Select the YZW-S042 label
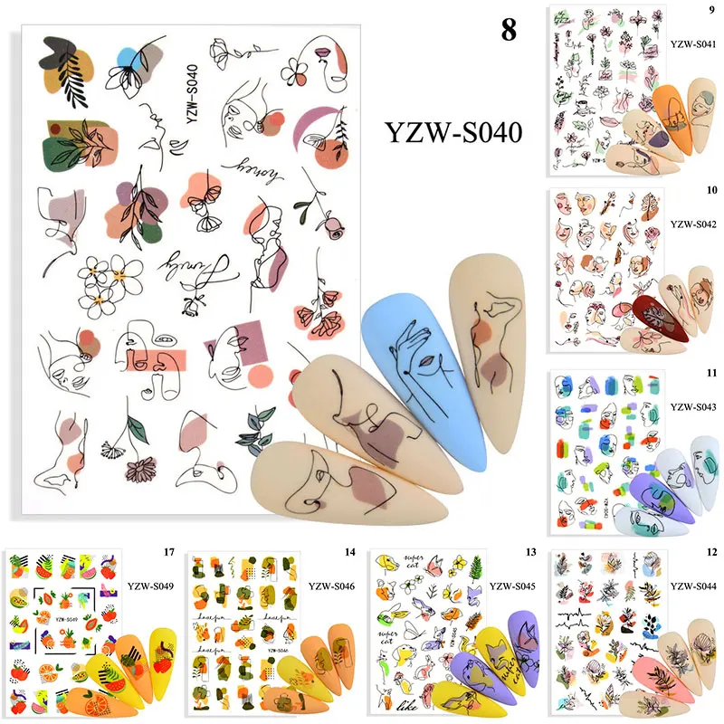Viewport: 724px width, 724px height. (692, 222)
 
